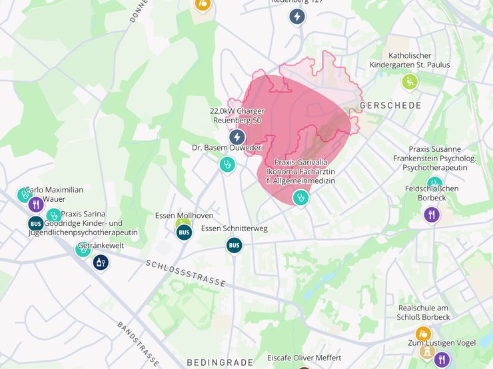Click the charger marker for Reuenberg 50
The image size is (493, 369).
click(x=237, y=137)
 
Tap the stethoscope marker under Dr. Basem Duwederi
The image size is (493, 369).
click(x=227, y=163)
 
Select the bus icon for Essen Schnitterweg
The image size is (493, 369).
click(x=234, y=245)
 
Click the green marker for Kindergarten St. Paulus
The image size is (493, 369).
click(x=410, y=82)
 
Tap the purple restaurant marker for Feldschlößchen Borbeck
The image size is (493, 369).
click(x=432, y=214)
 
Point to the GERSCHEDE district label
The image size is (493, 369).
click(x=390, y=106)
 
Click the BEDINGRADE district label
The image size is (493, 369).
click(x=220, y=362)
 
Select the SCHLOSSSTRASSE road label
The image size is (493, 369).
click(x=186, y=272)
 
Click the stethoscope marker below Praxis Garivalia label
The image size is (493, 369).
click(x=301, y=197)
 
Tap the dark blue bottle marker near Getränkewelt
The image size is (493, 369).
click(x=101, y=262)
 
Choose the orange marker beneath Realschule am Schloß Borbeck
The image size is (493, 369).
click(x=423, y=333)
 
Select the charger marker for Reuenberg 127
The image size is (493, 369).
click(x=297, y=17)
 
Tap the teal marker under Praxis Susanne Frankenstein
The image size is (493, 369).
click(x=435, y=183)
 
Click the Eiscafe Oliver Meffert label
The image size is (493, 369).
click(x=304, y=357)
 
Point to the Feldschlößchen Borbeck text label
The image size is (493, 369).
click(x=432, y=193)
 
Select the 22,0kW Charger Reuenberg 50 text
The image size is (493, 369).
click(x=237, y=115)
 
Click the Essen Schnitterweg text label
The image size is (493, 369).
click(x=234, y=228)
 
